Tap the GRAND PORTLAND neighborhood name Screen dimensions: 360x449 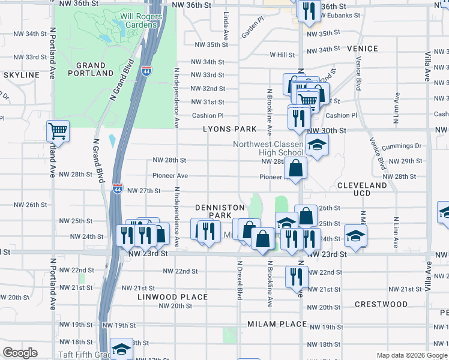[91, 69]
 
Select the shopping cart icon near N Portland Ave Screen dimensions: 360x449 [58, 130]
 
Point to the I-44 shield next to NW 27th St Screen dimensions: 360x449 [118, 188]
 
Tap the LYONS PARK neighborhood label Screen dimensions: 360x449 [229, 129]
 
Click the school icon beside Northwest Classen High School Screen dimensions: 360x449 [317, 145]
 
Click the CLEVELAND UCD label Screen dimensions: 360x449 [362, 190]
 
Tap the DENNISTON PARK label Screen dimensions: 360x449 [213, 211]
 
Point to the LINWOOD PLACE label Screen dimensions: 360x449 [172, 297]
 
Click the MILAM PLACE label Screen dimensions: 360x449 [277, 324]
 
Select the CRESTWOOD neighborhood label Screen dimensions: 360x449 [381, 304]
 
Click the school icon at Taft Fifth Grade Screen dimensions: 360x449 [122, 350]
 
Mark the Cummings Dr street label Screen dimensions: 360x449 [401, 146]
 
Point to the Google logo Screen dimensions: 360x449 [20, 353]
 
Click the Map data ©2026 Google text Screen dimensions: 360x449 [411, 355]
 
